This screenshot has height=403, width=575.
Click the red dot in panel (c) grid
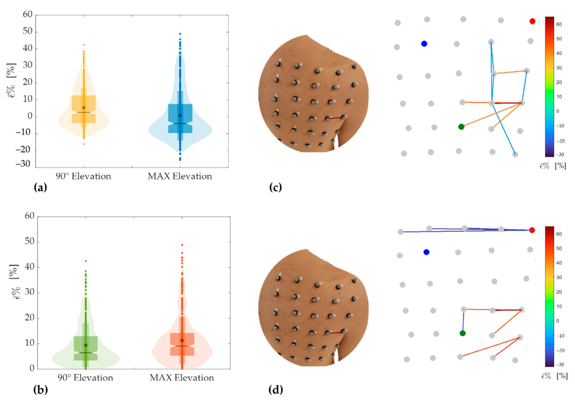[x=532, y=21]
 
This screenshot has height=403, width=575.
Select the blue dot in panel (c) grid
[x=424, y=44]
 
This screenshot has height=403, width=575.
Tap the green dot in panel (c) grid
[x=461, y=127]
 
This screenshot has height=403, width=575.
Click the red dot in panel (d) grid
[x=532, y=230]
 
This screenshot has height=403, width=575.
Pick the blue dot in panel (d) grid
[x=426, y=252]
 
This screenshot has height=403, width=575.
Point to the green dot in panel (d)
[x=463, y=333]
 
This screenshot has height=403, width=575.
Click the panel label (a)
[x=40, y=188]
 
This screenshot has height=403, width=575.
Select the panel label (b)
[x=40, y=390]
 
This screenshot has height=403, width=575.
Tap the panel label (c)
[x=275, y=188]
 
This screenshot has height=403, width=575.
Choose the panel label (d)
[x=275, y=390]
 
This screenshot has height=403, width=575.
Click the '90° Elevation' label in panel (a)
[x=83, y=176]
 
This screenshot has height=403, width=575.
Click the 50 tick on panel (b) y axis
[x=30, y=242]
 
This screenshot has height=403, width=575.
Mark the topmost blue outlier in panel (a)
[x=180, y=34]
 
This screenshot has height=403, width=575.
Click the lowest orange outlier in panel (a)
[x=84, y=144]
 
